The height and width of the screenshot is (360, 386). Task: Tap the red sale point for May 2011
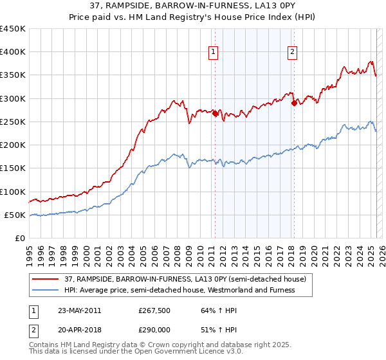(x=215, y=114)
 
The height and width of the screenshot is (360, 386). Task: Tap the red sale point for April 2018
(x=294, y=103)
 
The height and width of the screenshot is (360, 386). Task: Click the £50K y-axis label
(x=15, y=215)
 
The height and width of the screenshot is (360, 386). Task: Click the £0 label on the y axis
(x=21, y=238)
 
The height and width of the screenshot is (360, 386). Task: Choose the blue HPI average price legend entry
(x=178, y=290)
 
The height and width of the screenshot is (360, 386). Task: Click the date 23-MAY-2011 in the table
(x=79, y=310)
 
